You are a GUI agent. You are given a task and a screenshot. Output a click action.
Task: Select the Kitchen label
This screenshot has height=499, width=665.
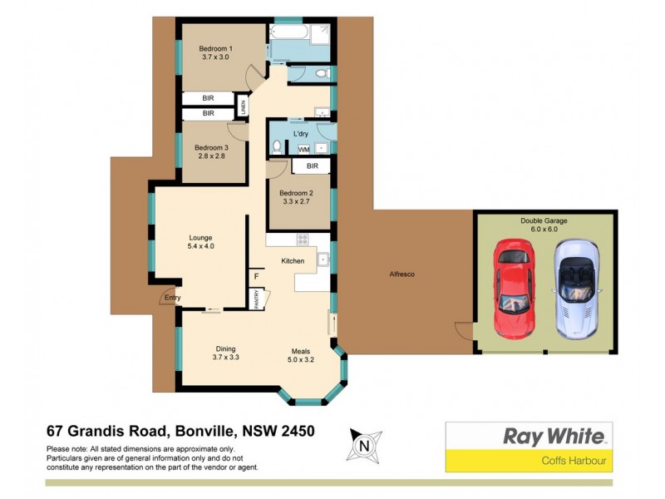click(293, 261)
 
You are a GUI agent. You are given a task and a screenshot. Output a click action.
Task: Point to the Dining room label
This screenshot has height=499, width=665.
click(226, 353)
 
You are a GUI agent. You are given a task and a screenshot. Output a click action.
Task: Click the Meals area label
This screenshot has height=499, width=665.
click(300, 355)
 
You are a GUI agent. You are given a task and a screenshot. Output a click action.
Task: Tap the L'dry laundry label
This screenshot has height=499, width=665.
click(301, 133)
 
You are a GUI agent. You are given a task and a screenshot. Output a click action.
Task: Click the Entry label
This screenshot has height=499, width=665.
click(173, 297)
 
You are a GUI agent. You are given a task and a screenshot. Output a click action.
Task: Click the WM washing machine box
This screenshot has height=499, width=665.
click(293, 149)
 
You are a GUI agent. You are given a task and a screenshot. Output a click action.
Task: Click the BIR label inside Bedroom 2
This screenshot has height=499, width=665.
click(312, 166)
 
